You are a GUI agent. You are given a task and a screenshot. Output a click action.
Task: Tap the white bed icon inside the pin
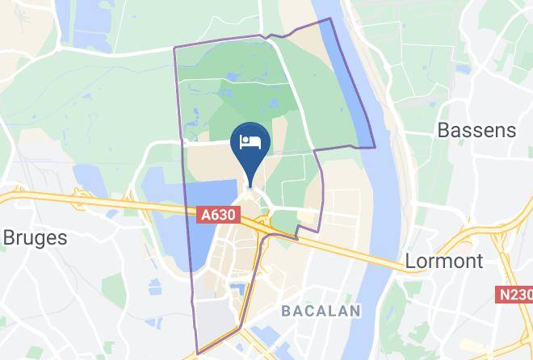pos(250,143)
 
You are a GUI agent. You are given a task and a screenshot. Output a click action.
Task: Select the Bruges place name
pos(36,237)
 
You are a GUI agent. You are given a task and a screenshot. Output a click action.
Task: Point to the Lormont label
pos(443,261)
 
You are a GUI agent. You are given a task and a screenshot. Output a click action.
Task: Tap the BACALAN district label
pos(321,310)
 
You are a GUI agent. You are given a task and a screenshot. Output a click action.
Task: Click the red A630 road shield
pos(219,215)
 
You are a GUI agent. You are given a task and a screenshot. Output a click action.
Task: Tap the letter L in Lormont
pos(409,261)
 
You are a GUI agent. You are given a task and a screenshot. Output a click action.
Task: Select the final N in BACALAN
pos(355,310)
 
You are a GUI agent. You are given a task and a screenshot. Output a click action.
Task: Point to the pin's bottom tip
pos(250,185)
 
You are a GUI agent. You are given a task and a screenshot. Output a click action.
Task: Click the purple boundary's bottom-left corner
pos(196,354)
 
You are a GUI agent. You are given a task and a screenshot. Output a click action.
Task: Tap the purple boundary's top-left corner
pos(174,47)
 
